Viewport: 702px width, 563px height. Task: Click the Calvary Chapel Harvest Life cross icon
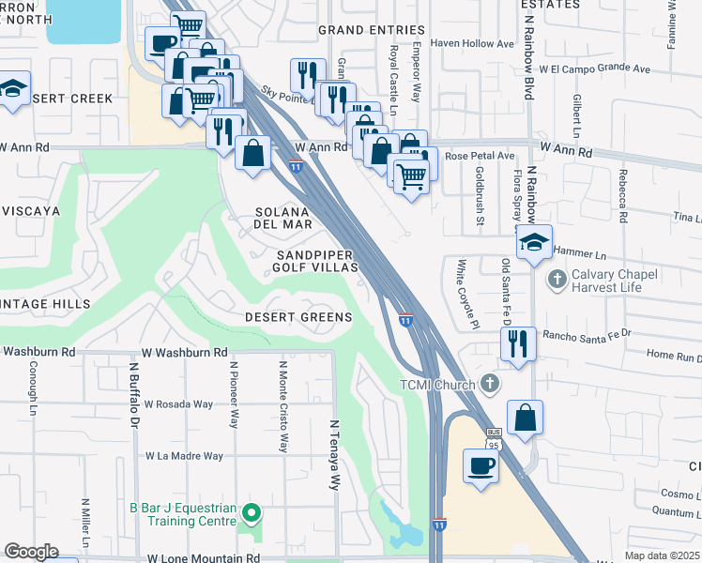pyautogui.click(x=557, y=279)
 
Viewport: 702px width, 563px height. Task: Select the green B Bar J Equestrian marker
pyautogui.click(x=250, y=512)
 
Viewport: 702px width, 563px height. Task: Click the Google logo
pyautogui.click(x=31, y=552)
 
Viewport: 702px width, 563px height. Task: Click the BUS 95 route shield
pyautogui.click(x=494, y=437)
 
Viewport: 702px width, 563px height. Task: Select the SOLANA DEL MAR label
pyautogui.click(x=295, y=218)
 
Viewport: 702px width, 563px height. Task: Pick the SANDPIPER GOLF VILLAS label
pyautogui.click(x=317, y=261)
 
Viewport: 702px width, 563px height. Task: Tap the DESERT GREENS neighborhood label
pyautogui.click(x=298, y=317)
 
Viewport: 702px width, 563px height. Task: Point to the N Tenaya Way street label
pyautogui.click(x=333, y=455)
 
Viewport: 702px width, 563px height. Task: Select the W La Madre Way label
pyautogui.click(x=184, y=456)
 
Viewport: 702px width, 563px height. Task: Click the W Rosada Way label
pyautogui.click(x=178, y=404)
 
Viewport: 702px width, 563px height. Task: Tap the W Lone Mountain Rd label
pyautogui.click(x=203, y=557)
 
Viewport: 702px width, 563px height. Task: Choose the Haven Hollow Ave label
pyautogui.click(x=472, y=43)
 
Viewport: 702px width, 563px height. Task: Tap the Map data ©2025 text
pyautogui.click(x=663, y=555)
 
